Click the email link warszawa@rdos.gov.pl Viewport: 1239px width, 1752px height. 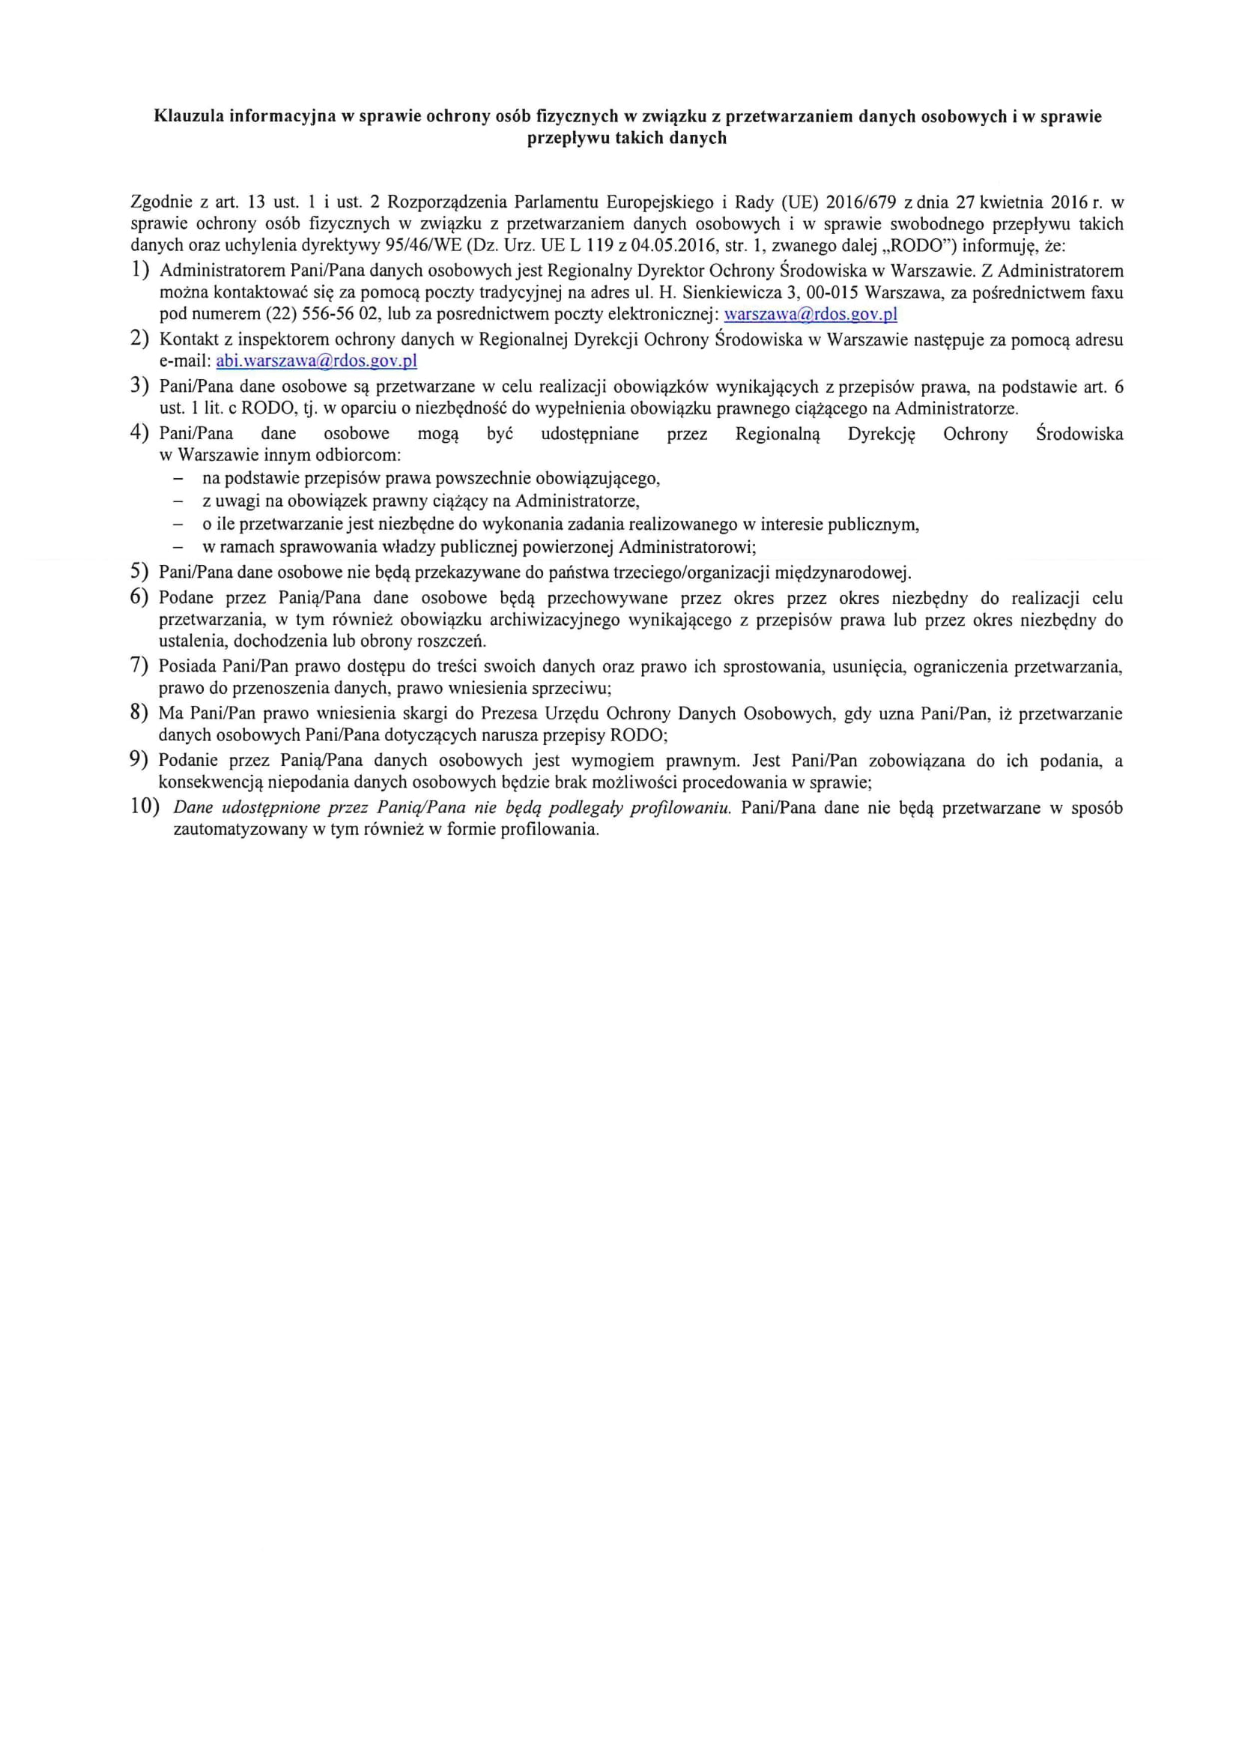pyautogui.click(x=811, y=315)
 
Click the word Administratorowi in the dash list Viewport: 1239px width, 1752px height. pyautogui.click(x=687, y=547)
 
